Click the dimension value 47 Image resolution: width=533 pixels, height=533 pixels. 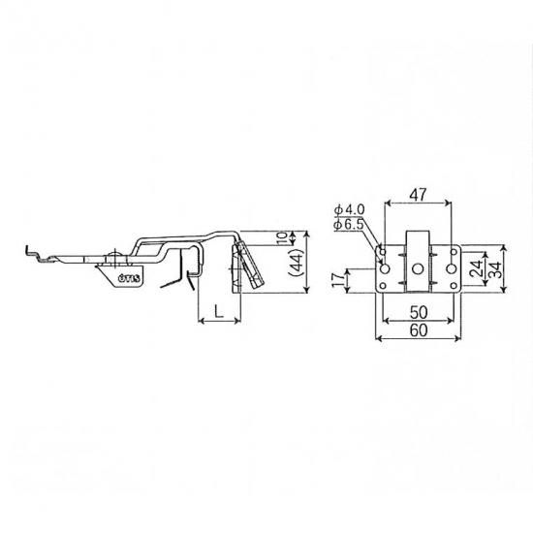tap(418, 195)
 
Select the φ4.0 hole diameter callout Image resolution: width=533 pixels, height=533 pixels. tap(350, 209)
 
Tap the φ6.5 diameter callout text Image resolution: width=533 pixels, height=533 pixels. tap(349, 224)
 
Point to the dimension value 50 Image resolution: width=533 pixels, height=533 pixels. tap(418, 312)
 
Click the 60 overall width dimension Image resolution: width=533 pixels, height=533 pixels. tap(418, 330)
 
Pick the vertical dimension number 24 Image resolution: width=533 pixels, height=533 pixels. tap(478, 268)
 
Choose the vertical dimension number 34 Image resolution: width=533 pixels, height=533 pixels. tap(495, 269)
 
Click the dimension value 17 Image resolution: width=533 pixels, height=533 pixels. tap(338, 279)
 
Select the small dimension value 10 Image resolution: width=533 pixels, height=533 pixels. tap(282, 238)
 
